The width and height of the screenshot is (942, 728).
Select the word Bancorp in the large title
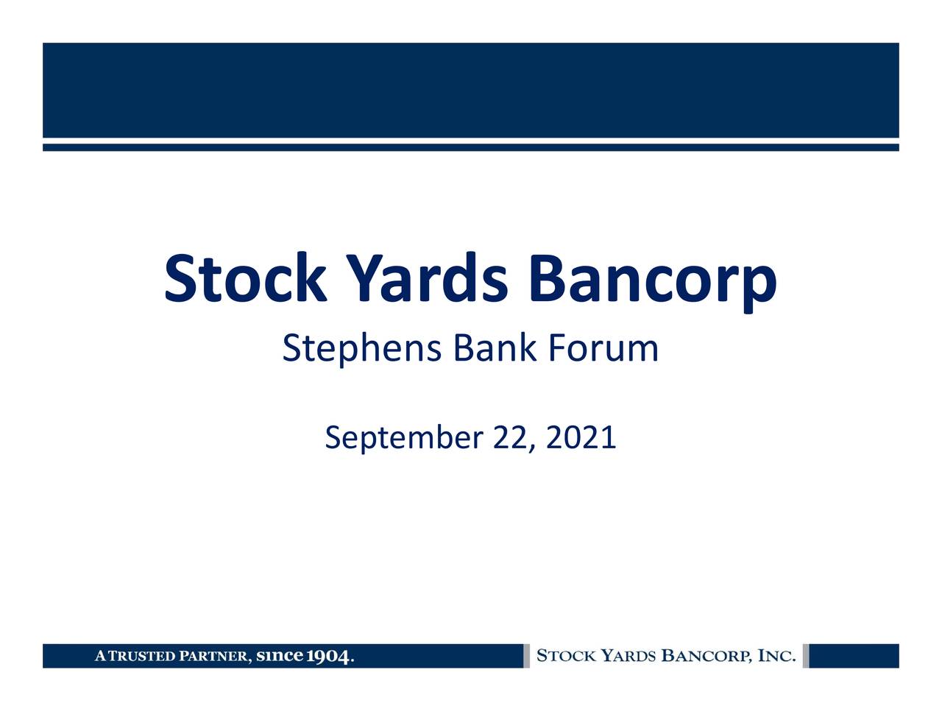pos(653,282)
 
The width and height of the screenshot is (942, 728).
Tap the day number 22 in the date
pos(510,437)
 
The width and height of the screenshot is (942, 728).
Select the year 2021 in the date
pos(581,437)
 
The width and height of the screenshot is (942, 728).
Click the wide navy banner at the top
pos(471,91)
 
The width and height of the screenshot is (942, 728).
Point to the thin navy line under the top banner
pos(471,147)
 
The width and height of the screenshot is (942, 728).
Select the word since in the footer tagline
pos(279,655)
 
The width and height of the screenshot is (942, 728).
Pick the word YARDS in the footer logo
pos(628,655)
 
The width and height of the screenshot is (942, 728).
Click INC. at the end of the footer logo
pos(776,655)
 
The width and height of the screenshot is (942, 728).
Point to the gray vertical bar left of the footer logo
pos(527,656)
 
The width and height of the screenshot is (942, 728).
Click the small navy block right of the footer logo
pos(854,656)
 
